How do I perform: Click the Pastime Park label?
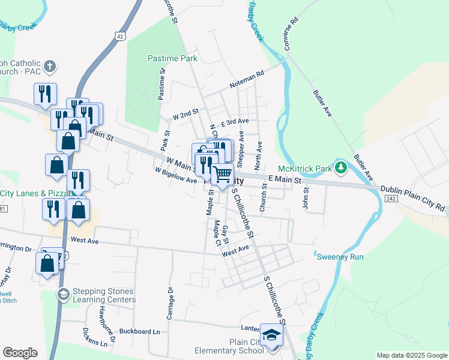pyautogui.click(x=172, y=59)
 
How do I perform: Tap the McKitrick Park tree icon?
pyautogui.click(x=341, y=167)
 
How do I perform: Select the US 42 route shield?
pyautogui.click(x=121, y=36)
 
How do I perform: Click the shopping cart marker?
pyautogui.click(x=223, y=175)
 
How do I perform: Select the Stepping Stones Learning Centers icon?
pyautogui.click(x=63, y=294)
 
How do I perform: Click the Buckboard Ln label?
pyautogui.click(x=140, y=331)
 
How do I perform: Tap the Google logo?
pyautogui.click(x=20, y=353)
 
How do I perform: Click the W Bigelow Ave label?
pyautogui.click(x=175, y=175)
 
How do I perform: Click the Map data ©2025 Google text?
pyautogui.click(x=412, y=355)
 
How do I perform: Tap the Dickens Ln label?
pyautogui.click(x=100, y=339)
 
